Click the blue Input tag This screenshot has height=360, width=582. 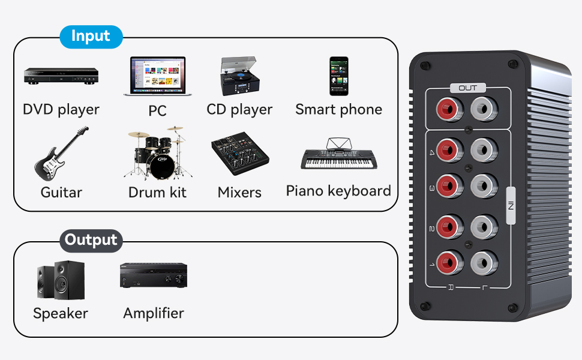(x=91, y=37)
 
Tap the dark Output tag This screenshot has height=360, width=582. (x=91, y=241)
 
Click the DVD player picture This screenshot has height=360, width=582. (x=61, y=76)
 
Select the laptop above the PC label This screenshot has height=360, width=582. (x=155, y=76)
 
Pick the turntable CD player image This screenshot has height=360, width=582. (x=238, y=76)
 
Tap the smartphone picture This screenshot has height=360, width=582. (x=338, y=76)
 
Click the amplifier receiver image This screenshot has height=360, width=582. (x=153, y=276)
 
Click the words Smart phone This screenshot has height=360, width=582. (x=338, y=109)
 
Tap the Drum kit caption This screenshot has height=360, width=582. (x=157, y=193)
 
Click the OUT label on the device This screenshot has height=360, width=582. (x=467, y=88)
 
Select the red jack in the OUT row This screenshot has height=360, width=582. (x=448, y=110)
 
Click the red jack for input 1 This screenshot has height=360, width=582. (x=448, y=262)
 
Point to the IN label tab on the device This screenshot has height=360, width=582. (x=511, y=206)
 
